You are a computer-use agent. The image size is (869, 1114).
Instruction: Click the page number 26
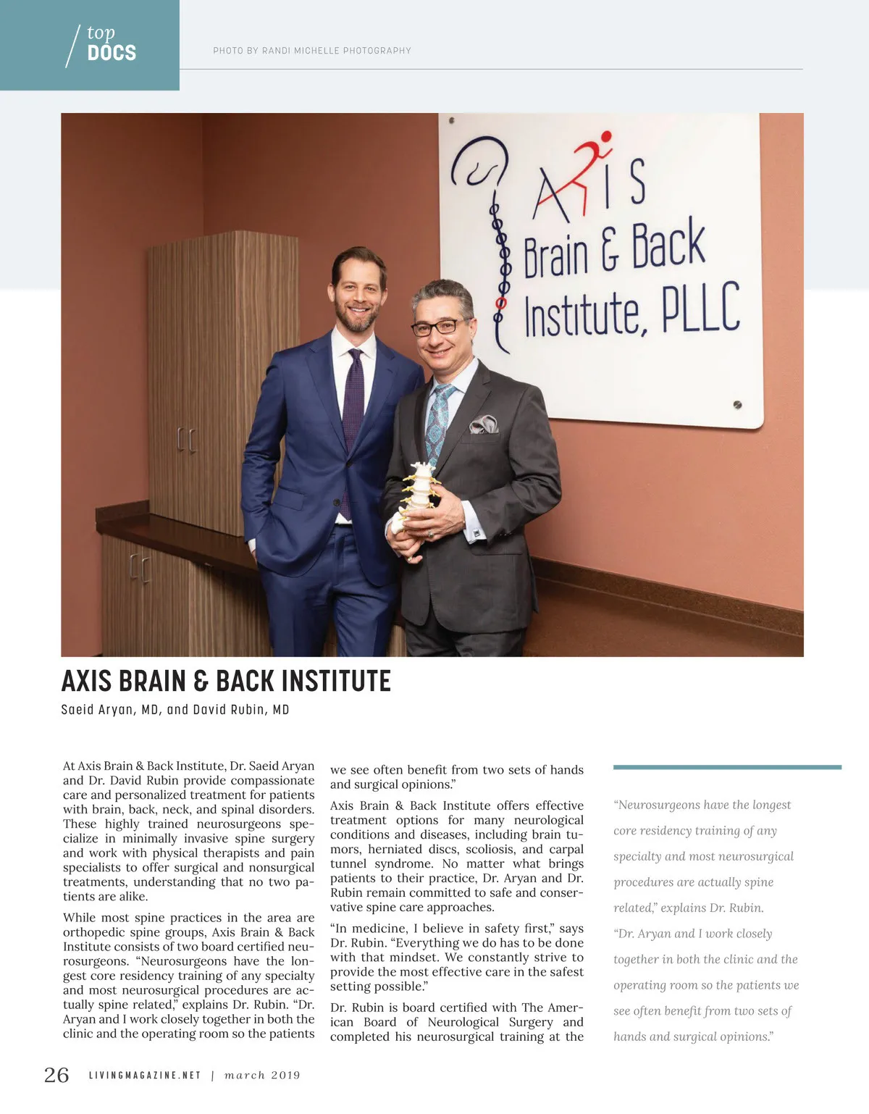click(x=56, y=1075)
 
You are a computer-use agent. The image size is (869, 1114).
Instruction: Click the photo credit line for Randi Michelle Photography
click(x=311, y=51)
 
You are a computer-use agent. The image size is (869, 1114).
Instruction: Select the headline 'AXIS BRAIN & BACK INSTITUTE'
click(x=226, y=681)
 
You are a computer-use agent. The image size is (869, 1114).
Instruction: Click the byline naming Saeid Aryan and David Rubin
click(x=175, y=710)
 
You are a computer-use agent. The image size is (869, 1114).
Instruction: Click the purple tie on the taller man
click(x=354, y=406)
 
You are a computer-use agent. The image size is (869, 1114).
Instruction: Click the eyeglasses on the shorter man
click(x=439, y=328)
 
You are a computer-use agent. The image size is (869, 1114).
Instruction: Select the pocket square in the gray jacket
click(x=484, y=424)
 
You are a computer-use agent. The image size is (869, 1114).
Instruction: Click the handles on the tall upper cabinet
click(x=186, y=440)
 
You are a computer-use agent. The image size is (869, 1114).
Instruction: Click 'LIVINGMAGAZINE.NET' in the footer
click(x=144, y=1076)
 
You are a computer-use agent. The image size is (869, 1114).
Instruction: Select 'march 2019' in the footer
click(x=262, y=1076)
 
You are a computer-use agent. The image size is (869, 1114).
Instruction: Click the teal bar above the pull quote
click(x=726, y=766)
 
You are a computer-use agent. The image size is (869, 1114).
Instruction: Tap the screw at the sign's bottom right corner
click(x=737, y=405)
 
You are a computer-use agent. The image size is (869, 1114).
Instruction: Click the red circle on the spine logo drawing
click(x=499, y=301)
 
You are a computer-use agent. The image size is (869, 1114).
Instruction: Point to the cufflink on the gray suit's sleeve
click(x=478, y=534)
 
